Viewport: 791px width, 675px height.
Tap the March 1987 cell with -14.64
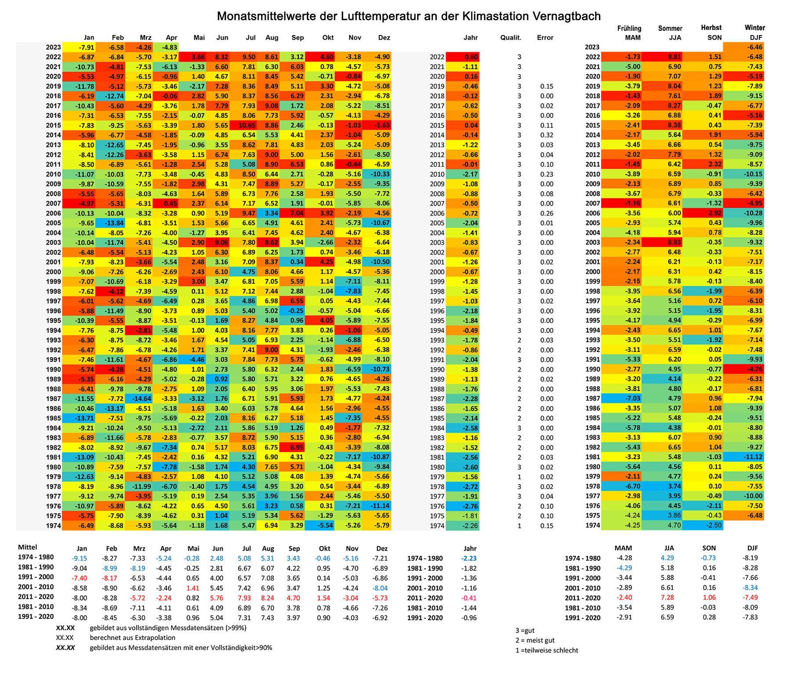point(138,399)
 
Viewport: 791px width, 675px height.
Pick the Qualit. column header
point(511,38)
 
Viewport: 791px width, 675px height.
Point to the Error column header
point(545,38)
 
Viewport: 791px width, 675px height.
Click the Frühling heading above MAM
point(629,29)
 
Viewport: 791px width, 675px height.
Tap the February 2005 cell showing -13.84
point(111,223)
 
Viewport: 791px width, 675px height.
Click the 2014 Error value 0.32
point(547,135)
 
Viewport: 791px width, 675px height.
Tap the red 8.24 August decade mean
point(268,598)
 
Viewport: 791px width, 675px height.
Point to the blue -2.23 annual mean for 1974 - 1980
point(469,558)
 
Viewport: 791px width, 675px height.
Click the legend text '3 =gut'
point(525,631)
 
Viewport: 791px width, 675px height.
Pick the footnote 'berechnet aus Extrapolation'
point(133,638)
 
